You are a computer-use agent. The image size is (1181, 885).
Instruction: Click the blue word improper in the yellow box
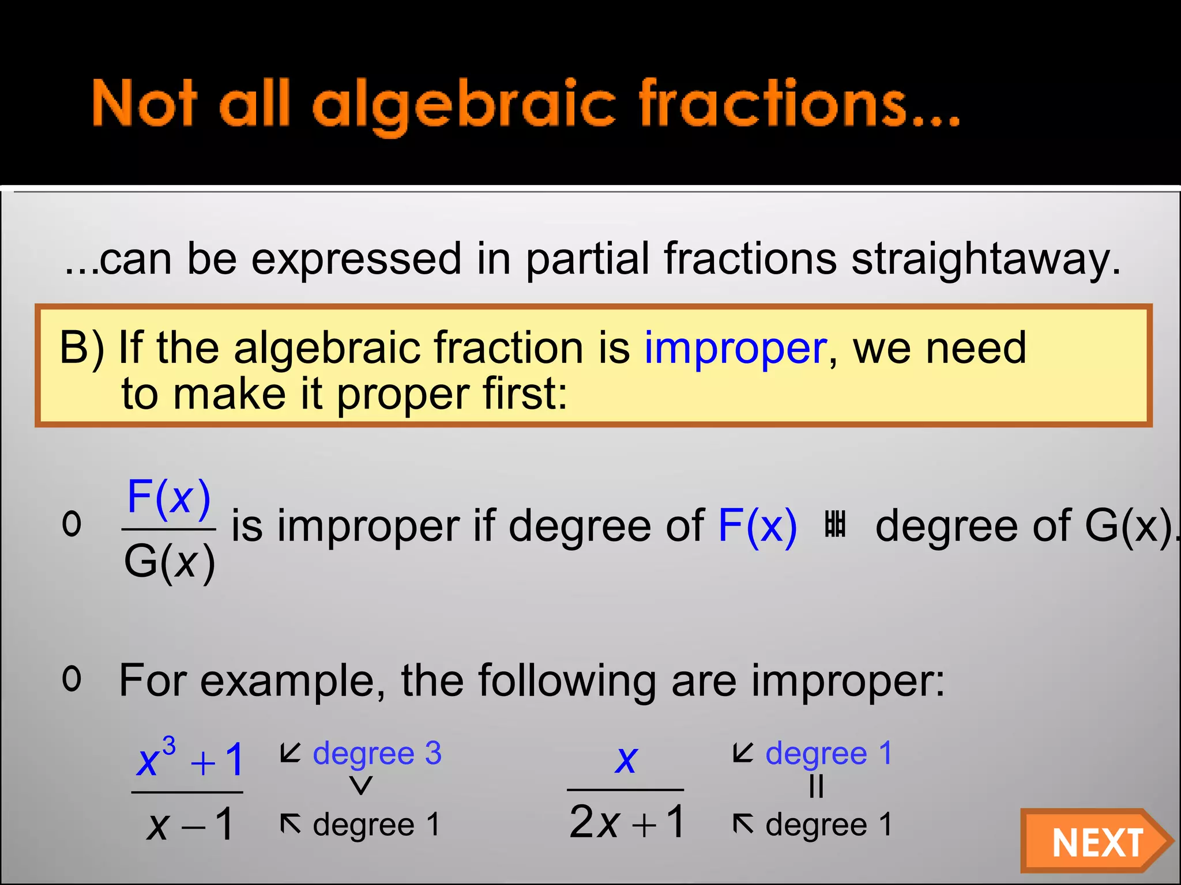[x=735, y=349]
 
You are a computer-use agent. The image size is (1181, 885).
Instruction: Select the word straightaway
[x=986, y=259]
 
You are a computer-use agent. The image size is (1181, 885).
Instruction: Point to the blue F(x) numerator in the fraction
[x=169, y=497]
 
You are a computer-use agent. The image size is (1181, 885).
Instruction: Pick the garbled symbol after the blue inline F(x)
[x=835, y=524]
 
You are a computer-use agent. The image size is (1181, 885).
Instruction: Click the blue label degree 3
[x=377, y=753]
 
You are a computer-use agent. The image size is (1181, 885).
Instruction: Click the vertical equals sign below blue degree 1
[x=817, y=786]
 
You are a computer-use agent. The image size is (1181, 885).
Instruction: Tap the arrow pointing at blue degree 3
[x=291, y=752]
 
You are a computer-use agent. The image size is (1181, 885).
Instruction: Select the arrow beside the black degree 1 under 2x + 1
[x=743, y=823]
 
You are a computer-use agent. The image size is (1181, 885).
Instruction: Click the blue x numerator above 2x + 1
[x=626, y=759]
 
